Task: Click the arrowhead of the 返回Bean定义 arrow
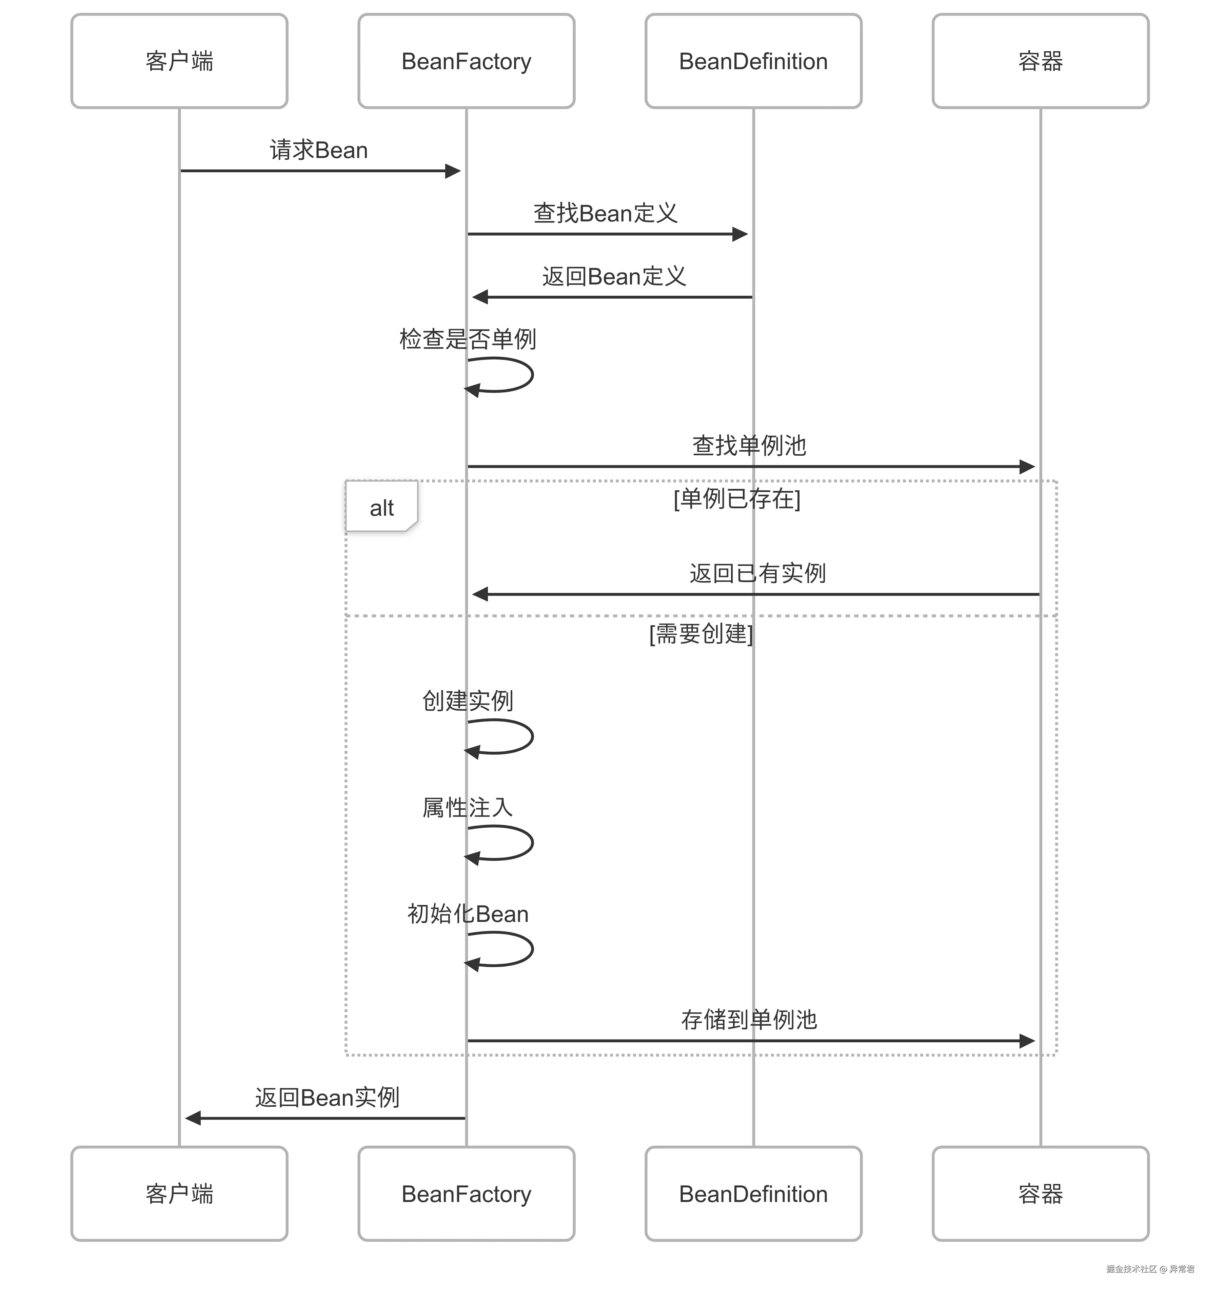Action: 480,297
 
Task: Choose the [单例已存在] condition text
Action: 736,498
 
